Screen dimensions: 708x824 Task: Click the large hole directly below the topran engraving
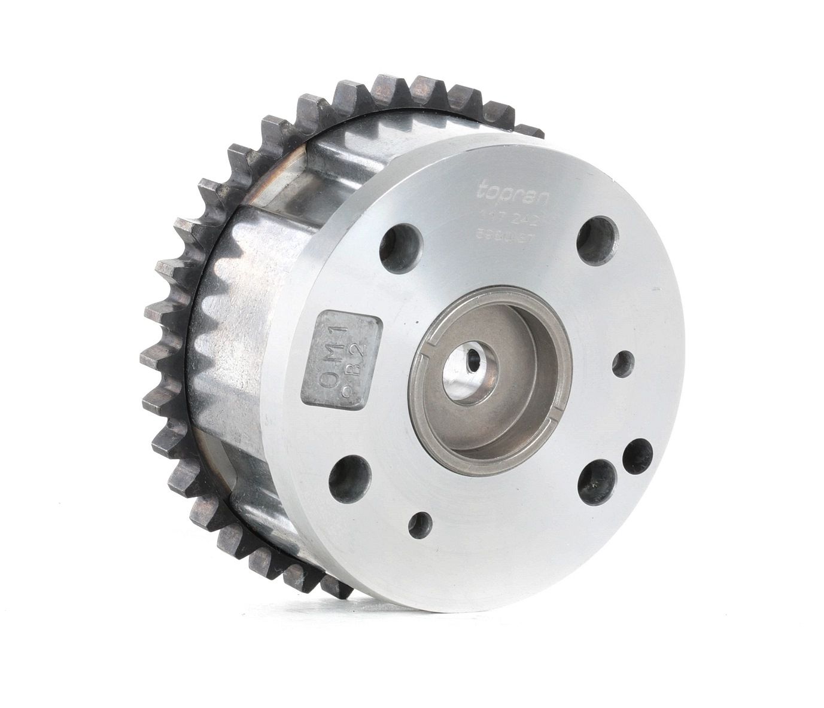pyautogui.click(x=597, y=236)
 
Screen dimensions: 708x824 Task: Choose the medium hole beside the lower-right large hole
pyautogui.click(x=638, y=454)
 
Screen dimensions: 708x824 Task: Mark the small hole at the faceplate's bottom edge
pyautogui.click(x=421, y=524)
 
